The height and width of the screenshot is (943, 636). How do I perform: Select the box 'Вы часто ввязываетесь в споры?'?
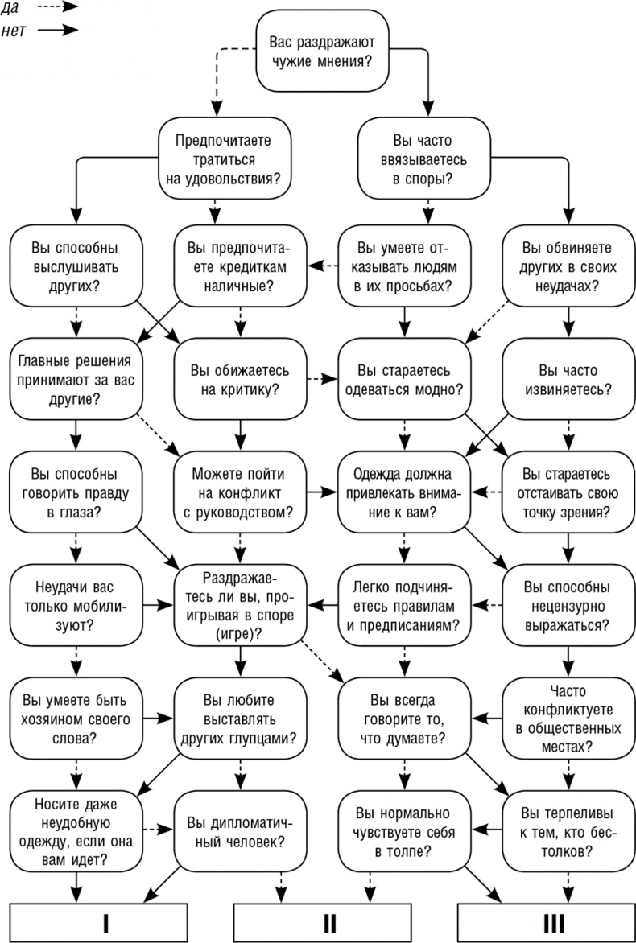(424, 159)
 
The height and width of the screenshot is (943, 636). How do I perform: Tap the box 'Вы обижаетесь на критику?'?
(239, 378)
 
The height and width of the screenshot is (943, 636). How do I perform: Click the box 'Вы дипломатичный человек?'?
(239, 832)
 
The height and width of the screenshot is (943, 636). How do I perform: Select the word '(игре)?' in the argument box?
(239, 633)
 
